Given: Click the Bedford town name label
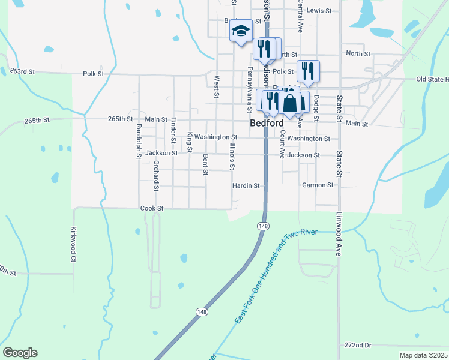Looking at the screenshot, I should (x=267, y=123).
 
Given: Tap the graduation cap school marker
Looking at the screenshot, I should (x=241, y=31).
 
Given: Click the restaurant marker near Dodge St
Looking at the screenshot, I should (x=308, y=70).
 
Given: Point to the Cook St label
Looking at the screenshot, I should (x=152, y=208).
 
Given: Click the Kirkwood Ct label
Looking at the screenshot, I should (x=74, y=244).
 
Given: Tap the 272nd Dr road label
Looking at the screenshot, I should (x=358, y=346).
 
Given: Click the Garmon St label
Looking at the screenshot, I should (x=318, y=185).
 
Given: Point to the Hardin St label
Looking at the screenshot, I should (x=246, y=186).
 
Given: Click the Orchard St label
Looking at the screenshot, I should (x=155, y=175).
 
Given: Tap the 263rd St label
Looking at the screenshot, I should (x=22, y=71).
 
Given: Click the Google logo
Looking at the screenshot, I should (x=20, y=353).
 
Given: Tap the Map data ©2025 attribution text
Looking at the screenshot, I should (x=424, y=355).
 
